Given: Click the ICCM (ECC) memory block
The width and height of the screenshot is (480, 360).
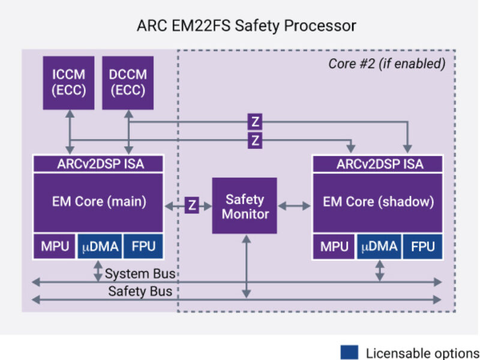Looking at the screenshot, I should click(x=68, y=83).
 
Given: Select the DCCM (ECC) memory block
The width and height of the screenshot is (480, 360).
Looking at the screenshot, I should click(x=128, y=83).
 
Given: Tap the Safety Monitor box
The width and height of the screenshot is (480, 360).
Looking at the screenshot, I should click(x=244, y=206).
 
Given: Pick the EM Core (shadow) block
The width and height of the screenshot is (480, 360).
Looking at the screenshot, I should click(x=378, y=202).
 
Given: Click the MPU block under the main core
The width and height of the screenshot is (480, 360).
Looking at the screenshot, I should click(x=55, y=246).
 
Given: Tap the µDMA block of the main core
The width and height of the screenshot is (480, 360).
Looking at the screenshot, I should click(x=99, y=246).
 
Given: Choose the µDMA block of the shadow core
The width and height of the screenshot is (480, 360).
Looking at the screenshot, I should click(x=379, y=246).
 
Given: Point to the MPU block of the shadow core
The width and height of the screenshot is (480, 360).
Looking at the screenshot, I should click(x=334, y=246).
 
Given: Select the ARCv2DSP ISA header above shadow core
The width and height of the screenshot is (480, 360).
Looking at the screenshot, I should click(x=378, y=164).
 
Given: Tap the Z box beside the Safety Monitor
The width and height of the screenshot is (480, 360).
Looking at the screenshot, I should click(x=192, y=205).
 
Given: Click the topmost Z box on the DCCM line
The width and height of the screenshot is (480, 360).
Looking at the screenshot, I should click(x=255, y=122).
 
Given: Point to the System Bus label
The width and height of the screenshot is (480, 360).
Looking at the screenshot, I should click(x=140, y=274).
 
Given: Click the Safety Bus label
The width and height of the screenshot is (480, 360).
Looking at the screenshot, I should click(x=140, y=292).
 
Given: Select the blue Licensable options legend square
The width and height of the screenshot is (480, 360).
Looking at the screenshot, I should click(x=349, y=352).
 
